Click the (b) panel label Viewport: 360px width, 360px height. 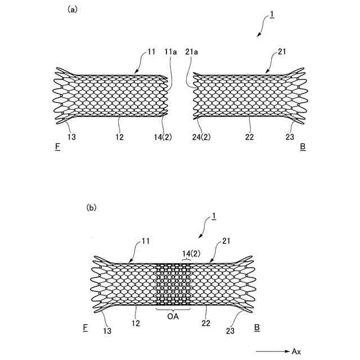point(91,208)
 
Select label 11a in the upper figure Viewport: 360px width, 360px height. point(170,52)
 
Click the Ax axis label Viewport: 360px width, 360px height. point(296,351)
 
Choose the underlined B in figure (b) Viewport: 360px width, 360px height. point(257,327)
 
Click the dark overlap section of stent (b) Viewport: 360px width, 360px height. point(174,285)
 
